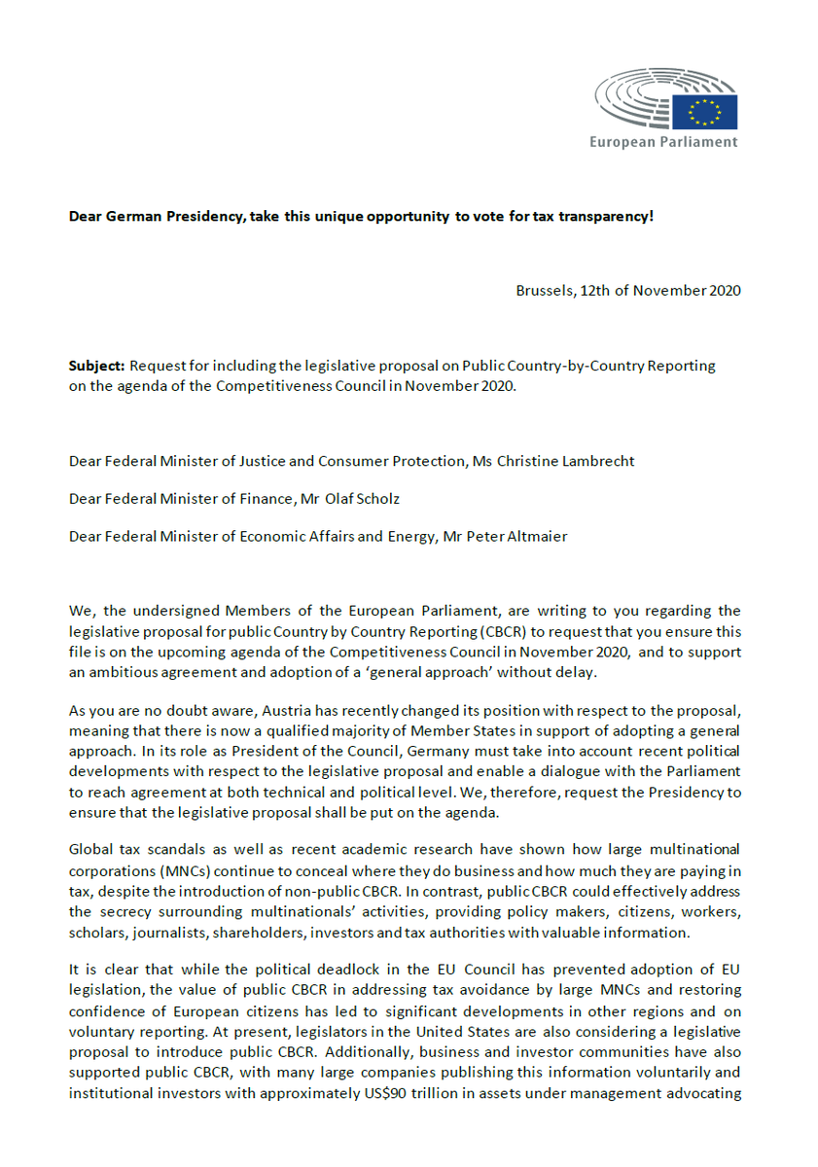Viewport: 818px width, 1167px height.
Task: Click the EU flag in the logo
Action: click(x=711, y=112)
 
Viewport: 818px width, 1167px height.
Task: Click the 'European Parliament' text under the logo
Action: click(x=663, y=142)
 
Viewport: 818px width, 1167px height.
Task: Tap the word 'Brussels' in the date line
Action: click(x=544, y=291)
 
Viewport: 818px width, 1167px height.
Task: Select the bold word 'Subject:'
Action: click(x=96, y=367)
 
